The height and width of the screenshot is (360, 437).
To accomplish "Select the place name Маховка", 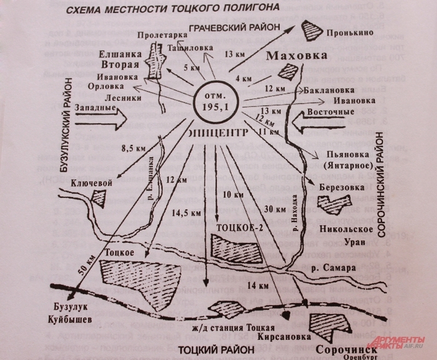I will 297,57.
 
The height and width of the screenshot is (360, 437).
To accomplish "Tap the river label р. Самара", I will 334,268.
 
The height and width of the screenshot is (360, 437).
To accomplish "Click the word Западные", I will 94,108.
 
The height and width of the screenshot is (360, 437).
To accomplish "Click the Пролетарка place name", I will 154,36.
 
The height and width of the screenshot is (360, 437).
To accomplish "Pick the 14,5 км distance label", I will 187,213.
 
